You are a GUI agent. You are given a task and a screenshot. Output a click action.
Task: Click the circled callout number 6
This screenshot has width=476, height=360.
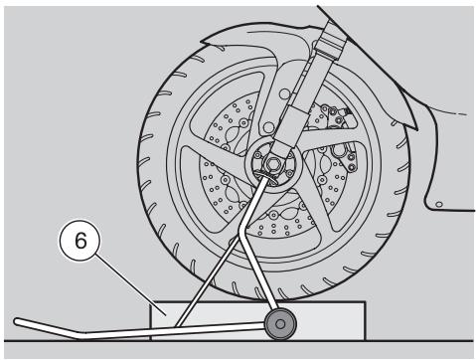(79, 241)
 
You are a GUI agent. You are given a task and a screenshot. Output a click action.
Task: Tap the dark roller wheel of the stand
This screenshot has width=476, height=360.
(280, 324)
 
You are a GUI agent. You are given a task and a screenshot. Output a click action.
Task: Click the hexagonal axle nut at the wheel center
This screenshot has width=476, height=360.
(273, 164)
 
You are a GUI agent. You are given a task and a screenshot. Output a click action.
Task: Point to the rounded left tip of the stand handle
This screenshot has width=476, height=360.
(17, 321)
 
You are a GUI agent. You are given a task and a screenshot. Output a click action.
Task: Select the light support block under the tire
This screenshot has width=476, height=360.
(258, 321)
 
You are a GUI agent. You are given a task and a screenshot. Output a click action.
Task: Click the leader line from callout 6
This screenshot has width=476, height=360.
(130, 284)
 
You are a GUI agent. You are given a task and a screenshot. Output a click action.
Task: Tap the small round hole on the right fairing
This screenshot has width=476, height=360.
(439, 204)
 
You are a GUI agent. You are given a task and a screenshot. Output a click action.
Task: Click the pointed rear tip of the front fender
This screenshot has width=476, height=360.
(414, 126)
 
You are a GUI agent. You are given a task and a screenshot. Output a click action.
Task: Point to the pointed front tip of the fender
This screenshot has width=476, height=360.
(203, 43)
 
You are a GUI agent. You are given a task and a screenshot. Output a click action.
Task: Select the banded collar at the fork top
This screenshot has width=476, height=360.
(333, 41)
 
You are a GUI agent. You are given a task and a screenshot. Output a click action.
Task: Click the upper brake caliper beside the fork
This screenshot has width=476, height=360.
(335, 116)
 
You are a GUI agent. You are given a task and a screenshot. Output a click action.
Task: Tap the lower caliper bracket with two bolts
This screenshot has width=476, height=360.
(345, 156)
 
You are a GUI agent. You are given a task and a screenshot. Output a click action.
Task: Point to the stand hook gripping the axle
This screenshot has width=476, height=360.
(267, 175)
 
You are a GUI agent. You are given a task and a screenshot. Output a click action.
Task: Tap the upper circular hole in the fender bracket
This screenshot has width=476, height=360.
(284, 94)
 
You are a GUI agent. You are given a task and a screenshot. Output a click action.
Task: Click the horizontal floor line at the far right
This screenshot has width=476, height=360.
(419, 341)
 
